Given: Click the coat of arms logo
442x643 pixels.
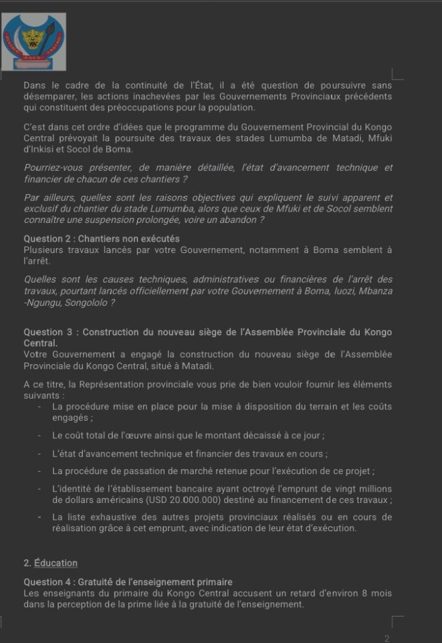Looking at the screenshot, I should click(34, 41).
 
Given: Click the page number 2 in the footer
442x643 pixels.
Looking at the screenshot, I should click(387, 639).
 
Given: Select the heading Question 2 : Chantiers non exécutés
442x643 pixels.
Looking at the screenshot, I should click(102, 239).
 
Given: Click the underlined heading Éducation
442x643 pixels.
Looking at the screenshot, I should click(56, 563).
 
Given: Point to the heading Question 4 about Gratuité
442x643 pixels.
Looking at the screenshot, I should click(128, 582).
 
